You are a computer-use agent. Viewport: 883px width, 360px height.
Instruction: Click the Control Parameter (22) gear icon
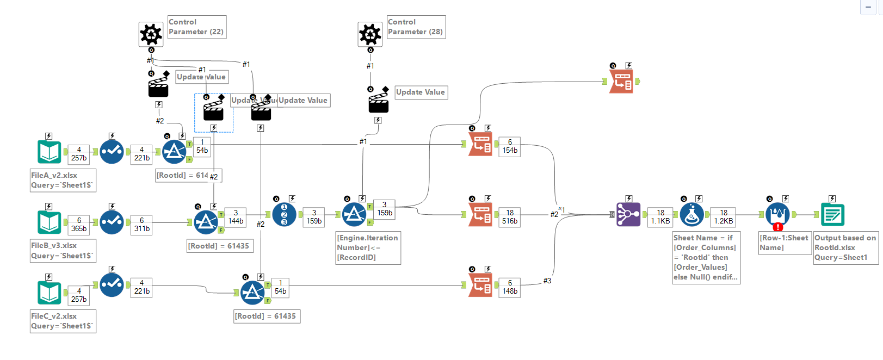click(x=151, y=34)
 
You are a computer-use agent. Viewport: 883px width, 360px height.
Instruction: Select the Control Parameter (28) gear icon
click(x=370, y=34)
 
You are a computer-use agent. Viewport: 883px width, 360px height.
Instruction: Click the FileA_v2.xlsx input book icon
click(x=50, y=152)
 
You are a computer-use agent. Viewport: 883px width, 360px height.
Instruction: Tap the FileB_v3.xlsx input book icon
click(x=50, y=222)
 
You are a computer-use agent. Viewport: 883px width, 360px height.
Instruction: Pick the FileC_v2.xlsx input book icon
click(x=50, y=293)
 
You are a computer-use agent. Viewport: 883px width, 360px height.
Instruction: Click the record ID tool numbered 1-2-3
click(x=284, y=214)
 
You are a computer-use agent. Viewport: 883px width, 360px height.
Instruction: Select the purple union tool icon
click(x=628, y=214)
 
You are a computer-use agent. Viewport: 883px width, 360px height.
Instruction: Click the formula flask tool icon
click(x=691, y=215)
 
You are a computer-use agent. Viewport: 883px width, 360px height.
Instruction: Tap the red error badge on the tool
click(x=778, y=227)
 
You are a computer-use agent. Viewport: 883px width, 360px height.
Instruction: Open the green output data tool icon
click(x=832, y=215)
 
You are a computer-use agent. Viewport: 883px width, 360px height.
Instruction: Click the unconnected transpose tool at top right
click(x=621, y=82)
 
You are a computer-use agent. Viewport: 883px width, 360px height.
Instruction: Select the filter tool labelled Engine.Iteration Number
click(x=354, y=215)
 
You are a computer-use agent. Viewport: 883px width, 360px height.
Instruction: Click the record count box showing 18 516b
click(x=510, y=217)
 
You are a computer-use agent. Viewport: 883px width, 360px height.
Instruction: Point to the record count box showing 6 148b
click(x=510, y=287)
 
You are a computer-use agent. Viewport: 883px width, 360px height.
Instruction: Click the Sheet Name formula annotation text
click(x=706, y=257)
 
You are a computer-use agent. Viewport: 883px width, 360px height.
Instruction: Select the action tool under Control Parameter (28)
click(x=378, y=103)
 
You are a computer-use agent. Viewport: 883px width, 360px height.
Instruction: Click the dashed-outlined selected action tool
click(x=213, y=110)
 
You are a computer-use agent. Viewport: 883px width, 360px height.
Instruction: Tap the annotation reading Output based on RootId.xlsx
click(x=845, y=247)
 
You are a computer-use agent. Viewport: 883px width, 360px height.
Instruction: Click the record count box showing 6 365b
click(x=79, y=225)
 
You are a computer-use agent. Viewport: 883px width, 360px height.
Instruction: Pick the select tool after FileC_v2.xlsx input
click(x=112, y=284)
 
